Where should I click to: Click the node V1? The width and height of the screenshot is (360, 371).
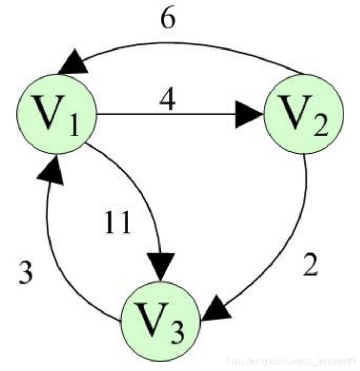[57, 114]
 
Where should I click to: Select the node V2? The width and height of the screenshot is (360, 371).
[303, 114]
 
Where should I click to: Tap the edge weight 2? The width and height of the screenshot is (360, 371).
[310, 267]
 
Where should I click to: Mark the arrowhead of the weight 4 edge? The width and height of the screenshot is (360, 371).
[248, 114]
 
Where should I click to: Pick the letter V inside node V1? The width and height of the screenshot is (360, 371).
[47, 112]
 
